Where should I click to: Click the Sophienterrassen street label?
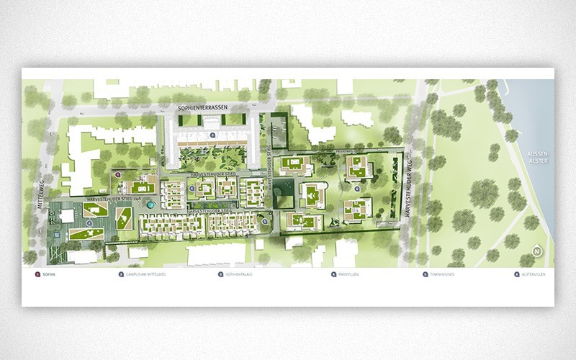pos(207,107)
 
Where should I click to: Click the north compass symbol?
pos(536,251)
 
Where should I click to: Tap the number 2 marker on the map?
pos(89,223)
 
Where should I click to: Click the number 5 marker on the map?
pos(264,222)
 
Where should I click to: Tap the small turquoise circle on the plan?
pos(149,204)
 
